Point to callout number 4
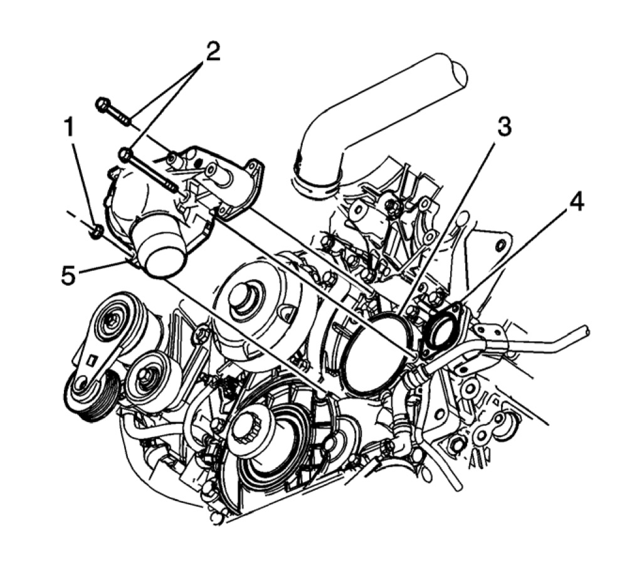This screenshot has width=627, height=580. [x=576, y=202]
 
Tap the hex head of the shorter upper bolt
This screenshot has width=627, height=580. [x=103, y=104]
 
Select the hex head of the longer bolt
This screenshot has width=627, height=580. [x=126, y=154]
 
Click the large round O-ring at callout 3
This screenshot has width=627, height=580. [x=376, y=354]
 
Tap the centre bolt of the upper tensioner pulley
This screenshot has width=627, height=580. [x=113, y=322]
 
